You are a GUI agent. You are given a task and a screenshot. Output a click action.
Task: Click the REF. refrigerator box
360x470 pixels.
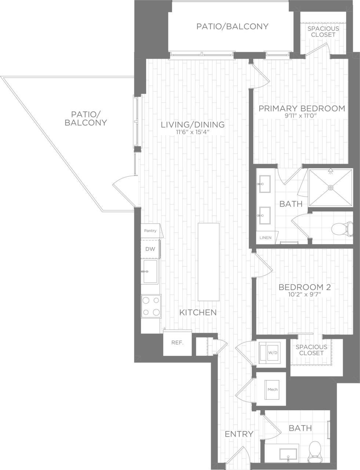click(177, 343)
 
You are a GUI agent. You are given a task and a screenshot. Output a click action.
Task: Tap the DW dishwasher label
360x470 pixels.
click(150, 249)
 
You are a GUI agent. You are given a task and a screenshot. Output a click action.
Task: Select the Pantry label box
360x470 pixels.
click(150, 231)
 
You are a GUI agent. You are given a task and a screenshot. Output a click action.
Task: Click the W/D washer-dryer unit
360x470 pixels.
click(272, 353)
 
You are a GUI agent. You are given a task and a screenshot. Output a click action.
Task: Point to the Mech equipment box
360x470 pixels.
click(273, 390)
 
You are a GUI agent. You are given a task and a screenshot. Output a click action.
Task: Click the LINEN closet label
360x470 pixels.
click(265, 238)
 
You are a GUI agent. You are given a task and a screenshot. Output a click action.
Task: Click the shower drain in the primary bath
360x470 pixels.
click(331, 188)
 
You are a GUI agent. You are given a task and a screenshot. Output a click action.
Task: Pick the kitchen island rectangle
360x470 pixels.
click(208, 261)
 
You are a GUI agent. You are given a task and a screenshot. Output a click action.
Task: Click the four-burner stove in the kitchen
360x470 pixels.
click(151, 306)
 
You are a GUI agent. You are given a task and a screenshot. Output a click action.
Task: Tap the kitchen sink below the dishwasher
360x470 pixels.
click(150, 272)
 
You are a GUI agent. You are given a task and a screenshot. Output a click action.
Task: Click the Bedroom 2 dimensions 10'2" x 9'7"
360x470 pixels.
click(305, 294)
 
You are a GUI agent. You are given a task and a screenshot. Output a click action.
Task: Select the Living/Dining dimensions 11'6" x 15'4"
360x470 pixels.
click(192, 132)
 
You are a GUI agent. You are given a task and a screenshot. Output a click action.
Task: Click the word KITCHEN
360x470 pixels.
click(198, 312)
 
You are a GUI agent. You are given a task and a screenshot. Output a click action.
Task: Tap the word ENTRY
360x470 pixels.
click(239, 434)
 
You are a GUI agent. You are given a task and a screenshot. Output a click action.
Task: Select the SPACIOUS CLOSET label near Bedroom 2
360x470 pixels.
click(311, 350)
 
